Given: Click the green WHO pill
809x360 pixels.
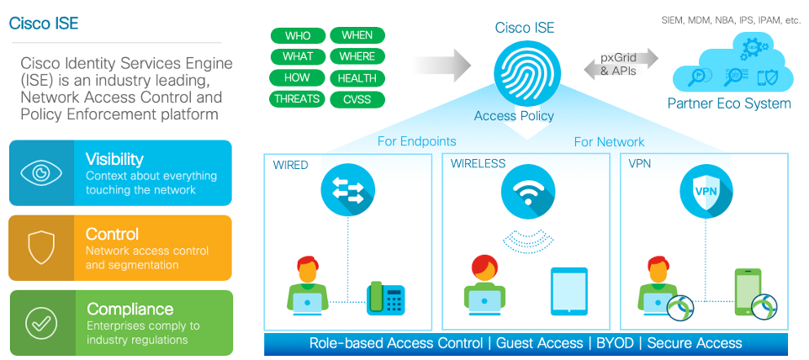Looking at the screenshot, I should [x=298, y=35].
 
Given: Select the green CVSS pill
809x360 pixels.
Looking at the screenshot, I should [x=357, y=99].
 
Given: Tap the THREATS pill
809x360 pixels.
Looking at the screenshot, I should [x=298, y=99].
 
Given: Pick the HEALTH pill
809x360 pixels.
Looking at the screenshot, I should [x=357, y=78].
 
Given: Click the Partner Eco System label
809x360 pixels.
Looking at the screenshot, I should [x=729, y=103].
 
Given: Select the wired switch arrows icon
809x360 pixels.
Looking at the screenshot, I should [x=347, y=192].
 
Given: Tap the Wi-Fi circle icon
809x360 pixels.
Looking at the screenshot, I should [x=528, y=192].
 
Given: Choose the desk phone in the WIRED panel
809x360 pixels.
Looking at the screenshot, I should [x=385, y=299].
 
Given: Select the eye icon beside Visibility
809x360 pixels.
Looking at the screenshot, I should [x=41, y=172].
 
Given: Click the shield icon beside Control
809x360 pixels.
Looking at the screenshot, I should [x=41, y=247].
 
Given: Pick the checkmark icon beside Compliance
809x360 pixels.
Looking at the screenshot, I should [x=41, y=322].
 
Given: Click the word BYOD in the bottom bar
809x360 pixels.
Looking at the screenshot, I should [x=615, y=343].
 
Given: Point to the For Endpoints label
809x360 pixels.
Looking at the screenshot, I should [x=416, y=141].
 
